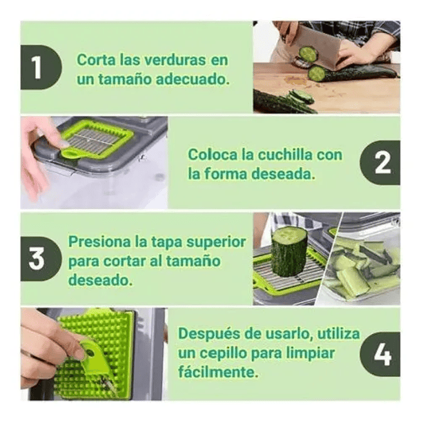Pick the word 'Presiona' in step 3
click(x=99, y=243)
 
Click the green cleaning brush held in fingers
click(x=93, y=352)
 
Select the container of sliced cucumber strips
click(x=362, y=269)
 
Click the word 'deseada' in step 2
click(x=282, y=174)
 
